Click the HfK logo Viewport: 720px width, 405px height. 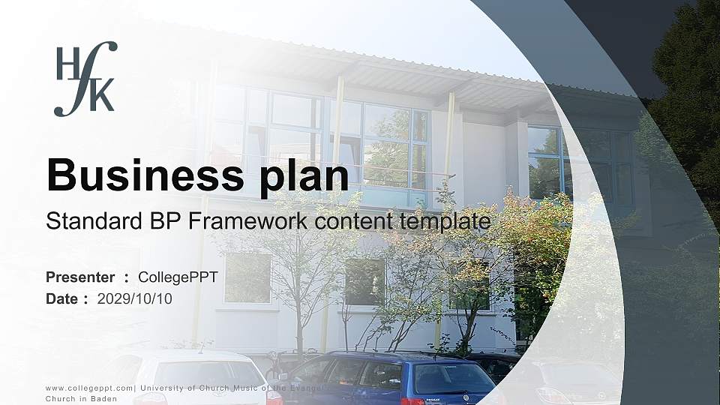click(x=85, y=78)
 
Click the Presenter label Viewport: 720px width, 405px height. click(x=80, y=277)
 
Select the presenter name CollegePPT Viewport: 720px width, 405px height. click(x=178, y=277)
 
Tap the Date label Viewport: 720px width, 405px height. click(x=62, y=298)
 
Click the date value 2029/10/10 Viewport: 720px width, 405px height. click(x=135, y=298)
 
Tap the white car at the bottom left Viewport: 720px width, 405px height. click(x=195, y=379)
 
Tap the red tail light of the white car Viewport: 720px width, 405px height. click(x=274, y=396)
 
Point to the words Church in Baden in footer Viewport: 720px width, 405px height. click(x=76, y=399)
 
